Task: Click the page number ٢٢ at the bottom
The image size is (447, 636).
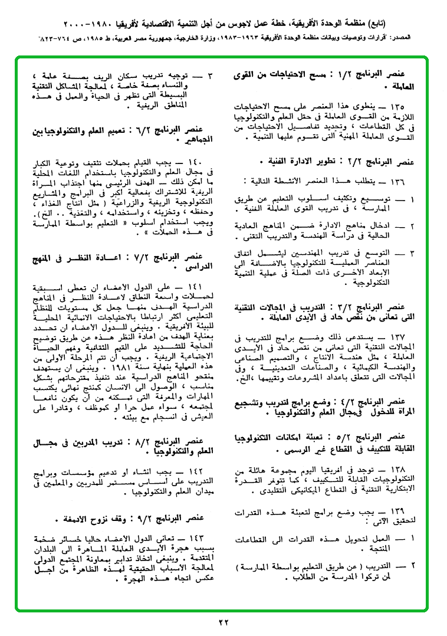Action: pyautogui.click(x=223, y=621)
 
